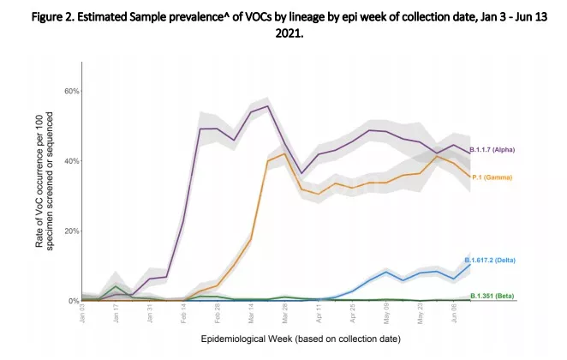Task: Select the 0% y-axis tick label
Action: point(75,301)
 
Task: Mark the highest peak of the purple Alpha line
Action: point(268,106)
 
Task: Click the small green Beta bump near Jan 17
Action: point(116,287)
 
